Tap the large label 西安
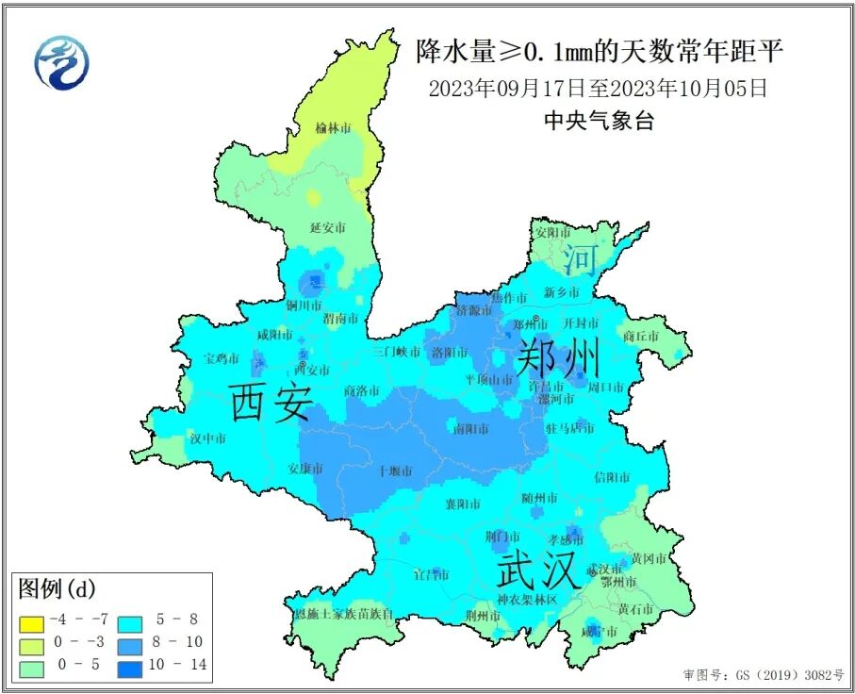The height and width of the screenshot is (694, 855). pos(271,403)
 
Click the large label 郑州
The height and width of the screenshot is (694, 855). pos(557,358)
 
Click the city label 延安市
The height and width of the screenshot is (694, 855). pos(327,228)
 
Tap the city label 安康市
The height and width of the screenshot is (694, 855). pos(305,469)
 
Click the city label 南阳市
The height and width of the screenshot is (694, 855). pos(470,429)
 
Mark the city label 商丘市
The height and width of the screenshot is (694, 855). pos(641,336)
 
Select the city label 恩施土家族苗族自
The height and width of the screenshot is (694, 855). pos(343,615)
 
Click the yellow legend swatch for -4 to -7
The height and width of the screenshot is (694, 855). pos(31,621)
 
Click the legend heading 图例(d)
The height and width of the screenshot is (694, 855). pos(57,589)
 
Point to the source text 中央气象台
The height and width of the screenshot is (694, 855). pos(599,121)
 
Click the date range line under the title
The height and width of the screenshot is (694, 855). pos(598,90)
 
